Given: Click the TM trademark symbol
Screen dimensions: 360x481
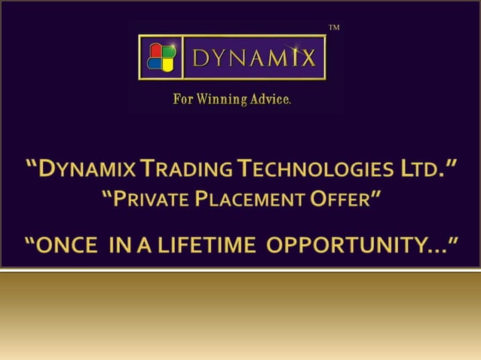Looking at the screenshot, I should pos(335,28).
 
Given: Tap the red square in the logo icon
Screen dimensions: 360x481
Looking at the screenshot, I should pos(155,50).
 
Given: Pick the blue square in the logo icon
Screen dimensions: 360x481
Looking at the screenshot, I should pos(155,63).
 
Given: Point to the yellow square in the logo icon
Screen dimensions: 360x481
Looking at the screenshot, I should pos(167,63).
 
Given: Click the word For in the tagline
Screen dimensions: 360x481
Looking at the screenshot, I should pos(183,99).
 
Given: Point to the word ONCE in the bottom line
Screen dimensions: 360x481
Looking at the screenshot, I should pos(78,244).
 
